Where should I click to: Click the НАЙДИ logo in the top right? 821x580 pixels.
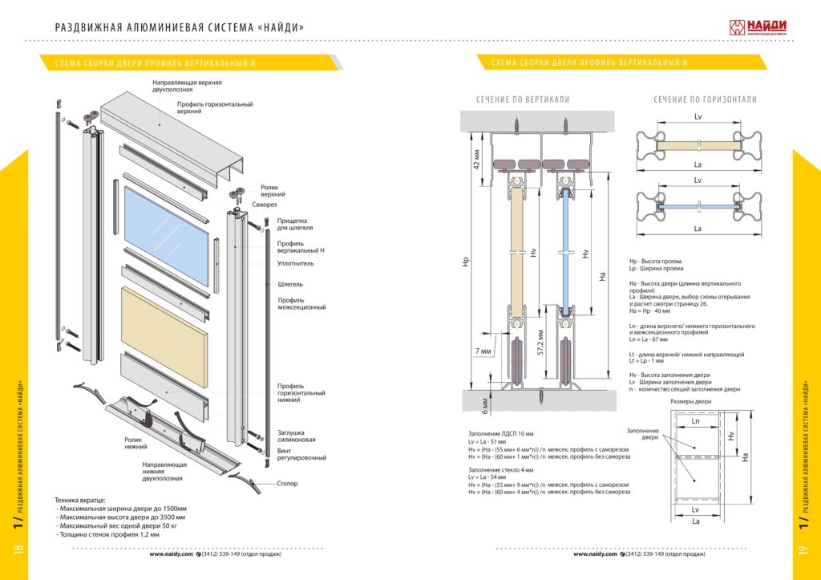756,26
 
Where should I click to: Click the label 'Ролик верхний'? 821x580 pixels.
273,191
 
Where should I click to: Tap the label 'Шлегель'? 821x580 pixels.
289,284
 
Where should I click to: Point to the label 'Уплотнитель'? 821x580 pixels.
296,263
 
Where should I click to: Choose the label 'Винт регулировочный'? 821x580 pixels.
301,454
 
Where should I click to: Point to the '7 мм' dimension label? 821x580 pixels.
483,351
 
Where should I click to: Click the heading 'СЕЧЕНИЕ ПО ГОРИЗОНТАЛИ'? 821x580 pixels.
705,99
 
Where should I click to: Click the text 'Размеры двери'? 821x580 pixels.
691,401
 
